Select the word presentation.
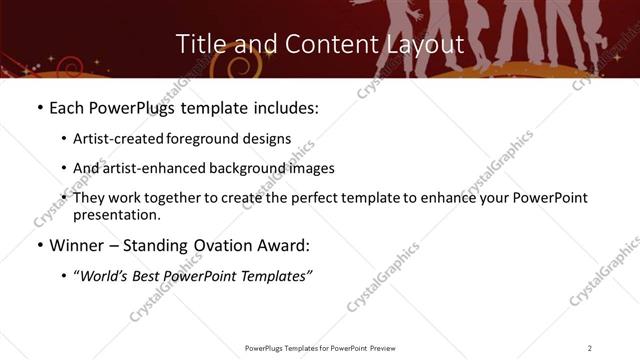[115, 214]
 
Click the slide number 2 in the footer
[590, 348]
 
